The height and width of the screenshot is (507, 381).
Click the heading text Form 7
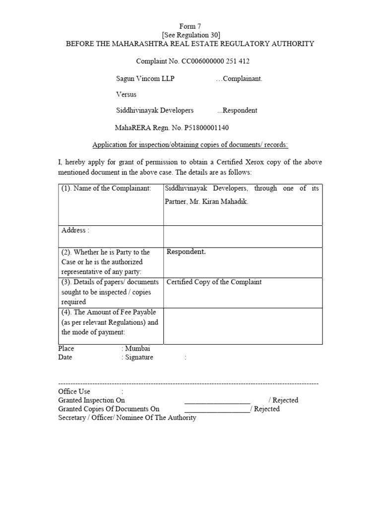[x=190, y=26]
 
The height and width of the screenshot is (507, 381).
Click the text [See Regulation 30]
[x=190, y=35]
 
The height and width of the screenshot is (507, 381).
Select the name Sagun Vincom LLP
[x=145, y=79]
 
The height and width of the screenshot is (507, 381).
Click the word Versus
[x=126, y=94]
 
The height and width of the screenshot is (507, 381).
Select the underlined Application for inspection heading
[x=190, y=145]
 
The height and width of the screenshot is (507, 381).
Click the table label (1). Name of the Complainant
[x=106, y=189]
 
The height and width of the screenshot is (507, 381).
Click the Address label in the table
[x=75, y=230]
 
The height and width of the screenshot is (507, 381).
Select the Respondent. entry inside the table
[x=186, y=252]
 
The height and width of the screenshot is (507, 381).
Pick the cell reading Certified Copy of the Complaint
[x=214, y=282]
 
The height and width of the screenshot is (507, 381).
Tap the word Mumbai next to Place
[x=138, y=349]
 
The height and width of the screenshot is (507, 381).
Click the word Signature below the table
[x=139, y=357]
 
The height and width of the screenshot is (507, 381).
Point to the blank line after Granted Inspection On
[x=217, y=400]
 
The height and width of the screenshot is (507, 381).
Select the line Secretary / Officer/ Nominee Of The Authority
[x=127, y=418]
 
